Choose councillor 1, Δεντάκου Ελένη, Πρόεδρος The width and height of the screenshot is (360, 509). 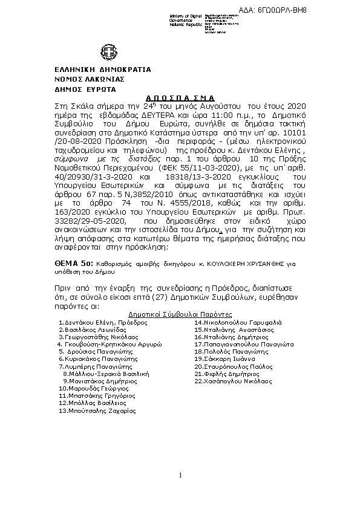(x=103, y=323)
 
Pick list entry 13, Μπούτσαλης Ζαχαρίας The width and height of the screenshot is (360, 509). (x=97, y=410)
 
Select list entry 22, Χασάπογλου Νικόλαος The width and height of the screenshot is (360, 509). (x=234, y=381)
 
